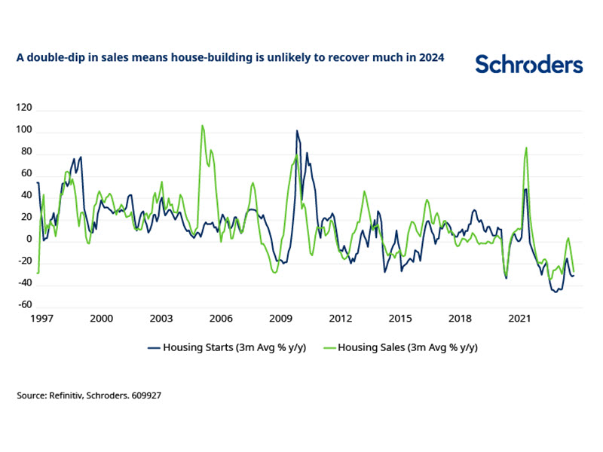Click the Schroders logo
click(x=528, y=64)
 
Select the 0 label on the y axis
click(x=29, y=239)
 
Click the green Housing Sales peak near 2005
click(x=202, y=126)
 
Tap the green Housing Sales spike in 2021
click(x=526, y=148)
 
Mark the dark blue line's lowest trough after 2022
click(x=556, y=292)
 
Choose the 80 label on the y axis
click(x=26, y=151)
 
